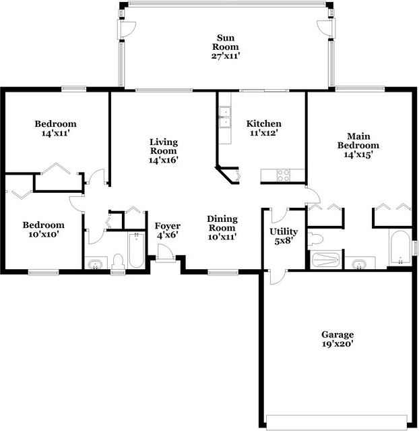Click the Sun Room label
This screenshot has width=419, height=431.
(x=226, y=42)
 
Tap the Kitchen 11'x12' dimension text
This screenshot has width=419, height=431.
(x=264, y=133)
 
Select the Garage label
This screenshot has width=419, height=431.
(x=337, y=335)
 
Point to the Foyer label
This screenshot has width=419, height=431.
(x=168, y=226)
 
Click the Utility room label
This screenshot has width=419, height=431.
(x=284, y=232)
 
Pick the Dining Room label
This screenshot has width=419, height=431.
(x=222, y=223)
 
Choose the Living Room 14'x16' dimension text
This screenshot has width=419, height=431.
(x=164, y=160)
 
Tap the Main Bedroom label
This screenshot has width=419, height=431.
(x=358, y=140)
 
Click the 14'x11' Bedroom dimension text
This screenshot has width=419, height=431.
(x=55, y=134)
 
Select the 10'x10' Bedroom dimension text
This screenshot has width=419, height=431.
(x=43, y=235)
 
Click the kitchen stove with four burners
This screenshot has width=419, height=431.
(x=284, y=175)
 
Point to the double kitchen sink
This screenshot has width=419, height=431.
(x=225, y=117)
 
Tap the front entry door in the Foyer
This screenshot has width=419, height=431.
(x=165, y=253)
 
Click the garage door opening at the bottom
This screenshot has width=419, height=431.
(x=337, y=422)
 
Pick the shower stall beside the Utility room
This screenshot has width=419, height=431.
(x=326, y=260)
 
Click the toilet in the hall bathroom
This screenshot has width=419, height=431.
(x=118, y=262)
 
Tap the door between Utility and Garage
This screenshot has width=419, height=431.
(x=278, y=277)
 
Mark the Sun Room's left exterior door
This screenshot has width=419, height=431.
(x=127, y=29)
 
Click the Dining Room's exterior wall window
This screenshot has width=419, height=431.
(x=223, y=272)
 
